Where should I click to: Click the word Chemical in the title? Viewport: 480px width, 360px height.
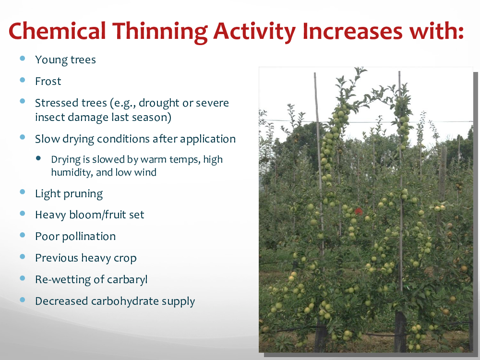point(57,31)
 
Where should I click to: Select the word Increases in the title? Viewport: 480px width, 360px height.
point(352,31)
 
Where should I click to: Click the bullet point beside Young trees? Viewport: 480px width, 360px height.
point(23,58)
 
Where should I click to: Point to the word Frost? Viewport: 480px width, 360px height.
point(48,81)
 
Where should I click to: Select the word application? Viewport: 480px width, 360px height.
point(208,139)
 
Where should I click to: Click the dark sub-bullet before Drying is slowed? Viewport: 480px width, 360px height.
point(38,158)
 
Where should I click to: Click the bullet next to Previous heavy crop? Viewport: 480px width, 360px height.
point(23,256)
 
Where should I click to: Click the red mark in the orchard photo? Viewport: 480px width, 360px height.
point(359,211)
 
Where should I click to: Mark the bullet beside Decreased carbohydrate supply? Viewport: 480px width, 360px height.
point(23,300)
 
